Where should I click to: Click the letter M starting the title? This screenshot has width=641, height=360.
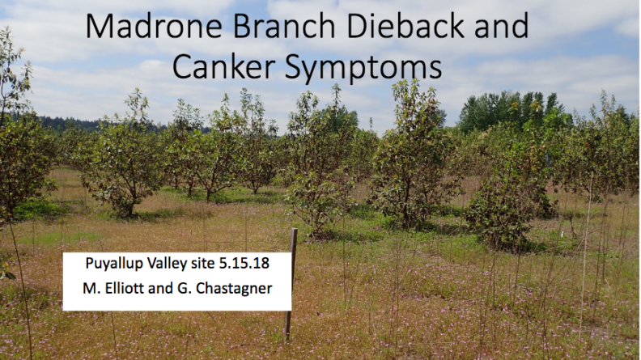pos(100,26)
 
